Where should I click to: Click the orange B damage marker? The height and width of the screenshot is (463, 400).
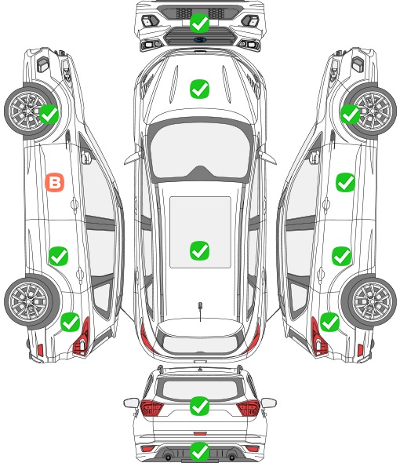55,182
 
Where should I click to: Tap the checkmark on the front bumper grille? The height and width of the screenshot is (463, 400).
199,23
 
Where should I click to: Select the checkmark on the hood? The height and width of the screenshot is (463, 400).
199,89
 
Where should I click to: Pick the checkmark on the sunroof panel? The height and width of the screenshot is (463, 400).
199,250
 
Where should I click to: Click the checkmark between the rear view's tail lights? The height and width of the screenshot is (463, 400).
199,406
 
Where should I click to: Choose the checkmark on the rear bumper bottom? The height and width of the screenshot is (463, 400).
199,451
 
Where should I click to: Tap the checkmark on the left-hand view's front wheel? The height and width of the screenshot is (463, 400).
49,114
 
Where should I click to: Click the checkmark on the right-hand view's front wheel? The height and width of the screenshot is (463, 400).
350,114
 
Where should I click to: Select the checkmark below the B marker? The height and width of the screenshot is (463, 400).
59,256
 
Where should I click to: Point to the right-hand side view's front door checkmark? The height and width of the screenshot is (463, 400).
345,182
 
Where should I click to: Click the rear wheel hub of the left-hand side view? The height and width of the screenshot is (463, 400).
29,301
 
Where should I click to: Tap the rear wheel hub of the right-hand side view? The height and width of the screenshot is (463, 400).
371,301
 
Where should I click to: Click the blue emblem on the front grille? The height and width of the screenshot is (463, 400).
199,39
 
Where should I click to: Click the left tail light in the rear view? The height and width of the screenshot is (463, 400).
151,408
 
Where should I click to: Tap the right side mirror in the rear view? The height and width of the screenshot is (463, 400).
269,403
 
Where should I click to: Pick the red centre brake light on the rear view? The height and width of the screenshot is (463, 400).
200,433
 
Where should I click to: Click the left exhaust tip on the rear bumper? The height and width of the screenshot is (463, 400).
168,455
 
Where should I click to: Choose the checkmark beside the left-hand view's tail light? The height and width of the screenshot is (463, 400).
71,322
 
